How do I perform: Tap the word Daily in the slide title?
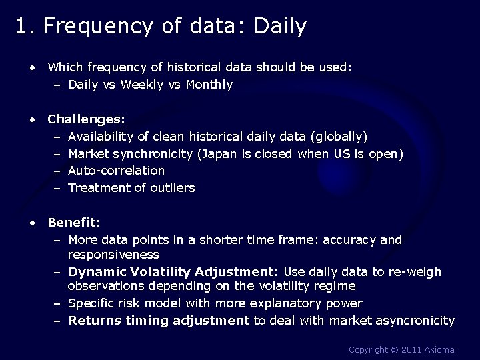tap(280, 26)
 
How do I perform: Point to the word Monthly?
tap(209, 85)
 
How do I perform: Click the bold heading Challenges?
tap(86, 119)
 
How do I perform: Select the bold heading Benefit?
tap(72, 222)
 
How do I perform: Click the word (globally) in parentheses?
tap(339, 137)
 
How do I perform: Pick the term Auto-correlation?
tap(116, 171)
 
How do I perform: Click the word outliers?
tap(173, 188)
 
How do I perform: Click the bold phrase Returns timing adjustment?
tap(159, 321)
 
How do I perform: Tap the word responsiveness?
tap(113, 255)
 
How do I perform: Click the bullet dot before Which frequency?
tap(31, 67)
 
